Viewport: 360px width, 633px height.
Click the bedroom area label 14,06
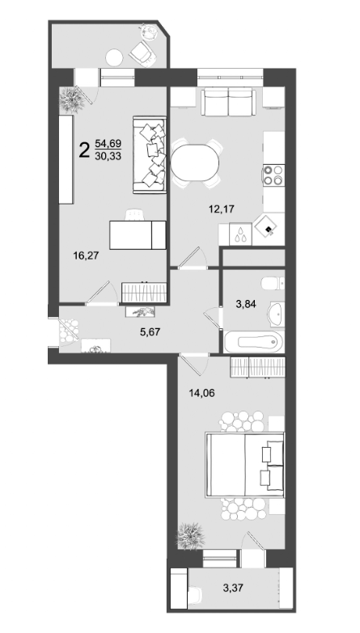(x=202, y=395)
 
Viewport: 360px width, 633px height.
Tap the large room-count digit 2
(x=83, y=150)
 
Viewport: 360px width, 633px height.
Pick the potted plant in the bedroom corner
(x=191, y=535)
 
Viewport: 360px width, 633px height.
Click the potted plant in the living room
(x=74, y=99)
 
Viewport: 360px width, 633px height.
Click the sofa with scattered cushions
(x=150, y=155)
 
